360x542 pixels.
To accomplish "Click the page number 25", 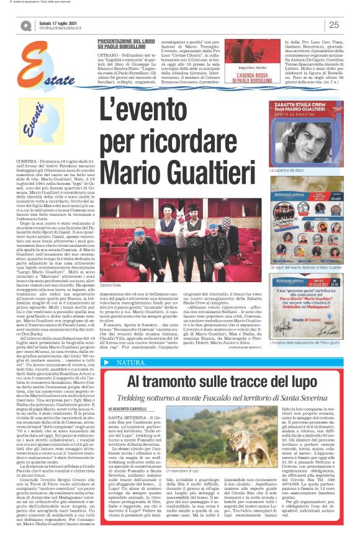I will tap(333, 25).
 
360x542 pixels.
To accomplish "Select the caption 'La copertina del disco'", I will tap(289, 170).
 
